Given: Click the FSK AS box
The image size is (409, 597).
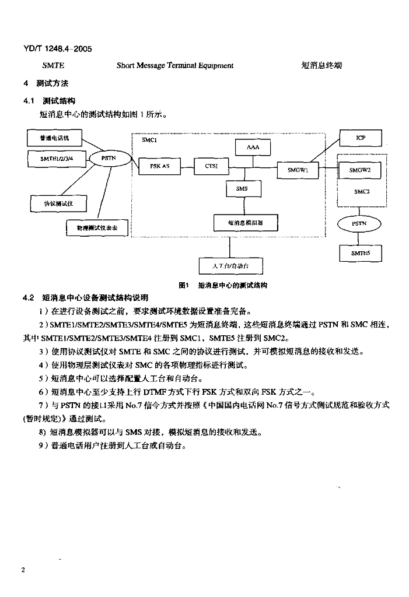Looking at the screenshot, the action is [159, 166].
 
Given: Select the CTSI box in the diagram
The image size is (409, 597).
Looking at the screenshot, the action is [212, 166].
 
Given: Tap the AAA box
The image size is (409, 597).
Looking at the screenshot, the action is [253, 148].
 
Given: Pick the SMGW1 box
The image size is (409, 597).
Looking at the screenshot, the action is [298, 170].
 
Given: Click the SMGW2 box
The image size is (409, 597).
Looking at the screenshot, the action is [360, 170].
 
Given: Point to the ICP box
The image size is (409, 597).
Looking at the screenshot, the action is [361, 138].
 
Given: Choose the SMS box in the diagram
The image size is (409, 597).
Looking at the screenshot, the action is [242, 189].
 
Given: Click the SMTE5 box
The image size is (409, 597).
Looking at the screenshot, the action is [361, 253].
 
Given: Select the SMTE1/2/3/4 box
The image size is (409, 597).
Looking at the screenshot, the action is [56, 159].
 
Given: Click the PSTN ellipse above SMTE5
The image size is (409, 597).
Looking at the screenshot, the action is [359, 224].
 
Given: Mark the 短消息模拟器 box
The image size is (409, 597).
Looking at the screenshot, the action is [246, 223].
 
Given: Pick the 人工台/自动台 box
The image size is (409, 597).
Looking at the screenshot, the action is [231, 266].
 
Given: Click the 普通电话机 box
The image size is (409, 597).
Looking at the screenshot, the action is [54, 138].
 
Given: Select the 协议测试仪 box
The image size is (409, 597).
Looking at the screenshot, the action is [58, 203].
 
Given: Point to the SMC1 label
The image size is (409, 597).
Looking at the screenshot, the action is [149, 140].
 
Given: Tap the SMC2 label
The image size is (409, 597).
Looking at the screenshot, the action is [362, 191].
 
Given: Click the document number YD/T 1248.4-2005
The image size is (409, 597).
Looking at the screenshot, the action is [58, 49].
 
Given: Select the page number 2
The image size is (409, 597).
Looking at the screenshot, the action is [23, 570].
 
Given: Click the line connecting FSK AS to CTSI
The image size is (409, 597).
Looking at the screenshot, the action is [187, 167].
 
